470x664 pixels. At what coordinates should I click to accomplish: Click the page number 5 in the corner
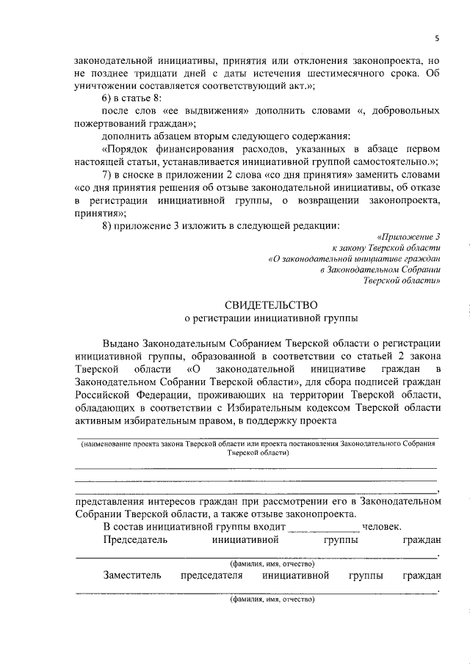click(x=436, y=39)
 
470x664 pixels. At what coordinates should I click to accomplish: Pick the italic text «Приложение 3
click(x=408, y=238)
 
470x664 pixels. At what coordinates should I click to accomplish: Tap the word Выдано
click(x=123, y=344)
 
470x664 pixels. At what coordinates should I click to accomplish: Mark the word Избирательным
click(x=247, y=407)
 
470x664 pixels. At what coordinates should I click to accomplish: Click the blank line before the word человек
click(x=323, y=527)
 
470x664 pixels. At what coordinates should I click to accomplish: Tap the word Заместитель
click(x=132, y=575)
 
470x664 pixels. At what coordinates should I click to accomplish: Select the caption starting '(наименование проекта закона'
click(x=258, y=445)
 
